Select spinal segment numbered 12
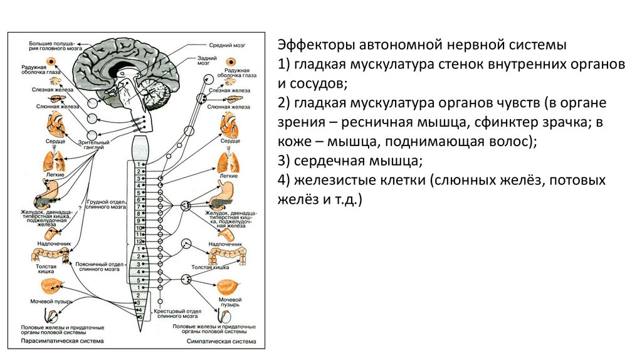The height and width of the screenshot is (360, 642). (139, 241)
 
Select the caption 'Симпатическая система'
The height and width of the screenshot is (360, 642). (222, 342)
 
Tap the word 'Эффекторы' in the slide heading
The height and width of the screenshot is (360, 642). (314, 46)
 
